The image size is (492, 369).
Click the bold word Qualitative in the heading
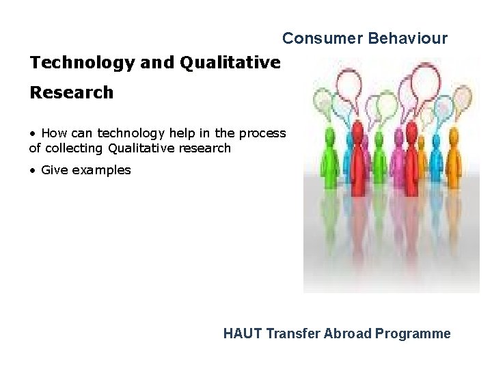click(x=230, y=63)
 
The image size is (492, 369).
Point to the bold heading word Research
click(x=71, y=93)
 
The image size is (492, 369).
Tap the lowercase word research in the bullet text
click(x=205, y=148)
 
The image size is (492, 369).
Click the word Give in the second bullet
click(x=53, y=170)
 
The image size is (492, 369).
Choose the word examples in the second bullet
click(x=100, y=170)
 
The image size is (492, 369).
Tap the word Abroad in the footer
click(x=348, y=333)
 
